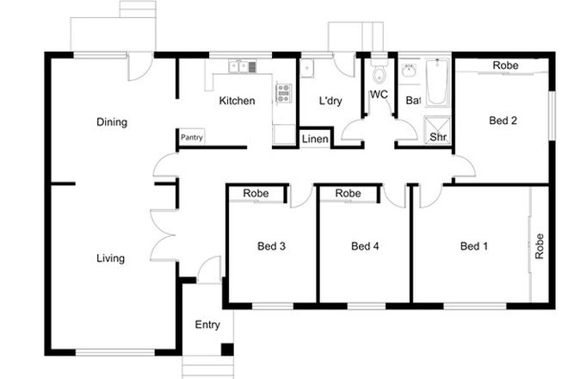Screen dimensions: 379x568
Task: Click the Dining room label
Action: pos(112,122)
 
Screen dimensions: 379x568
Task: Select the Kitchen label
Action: pos(237,102)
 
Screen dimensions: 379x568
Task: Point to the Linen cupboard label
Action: pos(314,138)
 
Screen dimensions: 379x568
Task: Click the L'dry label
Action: pos(330,102)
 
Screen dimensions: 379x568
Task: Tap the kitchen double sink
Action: pos(238,65)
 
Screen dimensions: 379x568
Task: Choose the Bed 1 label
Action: pos(473,246)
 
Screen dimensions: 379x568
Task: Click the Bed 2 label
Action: pos(503,121)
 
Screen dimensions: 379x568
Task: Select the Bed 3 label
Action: pos(271,246)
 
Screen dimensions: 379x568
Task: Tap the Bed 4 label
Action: pos(365,246)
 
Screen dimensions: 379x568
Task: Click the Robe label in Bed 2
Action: pos(504,65)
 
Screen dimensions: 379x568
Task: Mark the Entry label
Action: pos(207,325)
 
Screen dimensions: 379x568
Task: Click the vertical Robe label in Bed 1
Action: pos(540,246)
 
